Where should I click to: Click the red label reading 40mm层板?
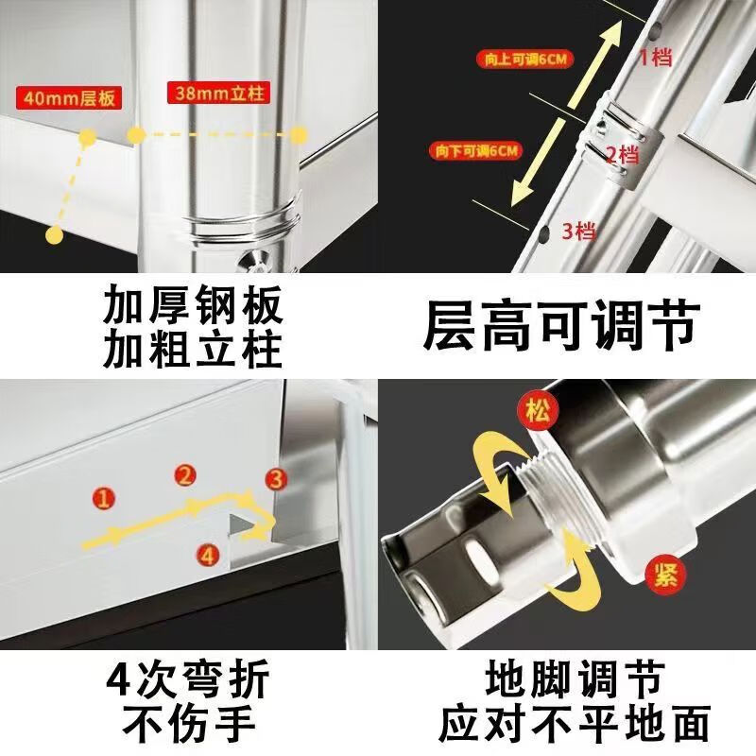tap(68, 98)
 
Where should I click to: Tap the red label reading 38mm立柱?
tap(218, 92)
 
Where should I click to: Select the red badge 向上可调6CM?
tap(525, 60)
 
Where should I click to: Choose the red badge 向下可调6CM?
tap(476, 151)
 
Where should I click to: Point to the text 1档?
tap(655, 58)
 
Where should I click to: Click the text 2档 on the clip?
tap(623, 155)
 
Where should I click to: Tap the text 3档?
tap(579, 232)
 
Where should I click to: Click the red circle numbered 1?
tap(104, 498)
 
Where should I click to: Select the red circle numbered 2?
tap(185, 476)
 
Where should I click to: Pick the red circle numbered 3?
tap(276, 480)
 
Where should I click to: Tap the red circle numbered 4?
tap(208, 555)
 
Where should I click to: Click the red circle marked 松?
tap(537, 412)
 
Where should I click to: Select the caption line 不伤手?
tap(189, 723)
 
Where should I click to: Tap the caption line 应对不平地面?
tap(575, 723)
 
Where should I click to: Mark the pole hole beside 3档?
tap(543, 233)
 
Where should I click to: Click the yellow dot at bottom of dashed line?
tap(54, 235)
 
